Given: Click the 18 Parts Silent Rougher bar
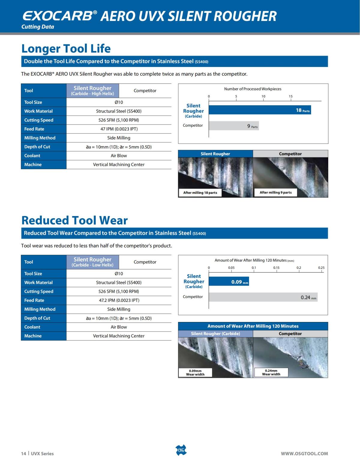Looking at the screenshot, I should tap(259, 110).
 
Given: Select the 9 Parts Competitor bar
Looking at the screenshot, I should tap(234, 126).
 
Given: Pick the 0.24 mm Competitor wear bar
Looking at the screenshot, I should tap(263, 297).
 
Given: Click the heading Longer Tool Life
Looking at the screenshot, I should tap(66, 49).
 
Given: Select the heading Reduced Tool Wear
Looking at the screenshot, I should tap(74, 220).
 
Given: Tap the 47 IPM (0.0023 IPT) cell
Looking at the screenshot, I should tap(119, 129).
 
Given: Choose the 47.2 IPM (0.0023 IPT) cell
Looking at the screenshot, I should tap(119, 300).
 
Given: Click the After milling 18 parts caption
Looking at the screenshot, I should tap(200, 193).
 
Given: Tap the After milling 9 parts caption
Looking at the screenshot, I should tap(276, 192).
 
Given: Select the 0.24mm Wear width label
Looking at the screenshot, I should tap(271, 372).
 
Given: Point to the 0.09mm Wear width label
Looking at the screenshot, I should tap(195, 373).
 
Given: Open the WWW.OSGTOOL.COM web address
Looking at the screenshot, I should tap(304, 454).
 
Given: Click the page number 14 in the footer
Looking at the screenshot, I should tap(23, 454).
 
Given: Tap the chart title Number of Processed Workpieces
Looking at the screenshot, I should tap(253, 89).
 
